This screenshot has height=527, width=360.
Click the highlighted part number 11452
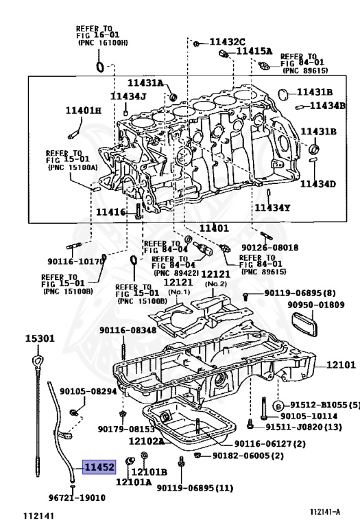click(99, 467)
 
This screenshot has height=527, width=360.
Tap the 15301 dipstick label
click(40, 338)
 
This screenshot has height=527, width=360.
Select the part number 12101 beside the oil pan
click(341, 364)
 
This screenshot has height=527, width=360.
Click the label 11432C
click(228, 42)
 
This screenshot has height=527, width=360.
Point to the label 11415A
click(254, 51)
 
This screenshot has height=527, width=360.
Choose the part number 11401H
click(83, 110)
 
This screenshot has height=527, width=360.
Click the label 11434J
click(129, 97)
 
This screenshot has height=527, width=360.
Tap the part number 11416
click(111, 212)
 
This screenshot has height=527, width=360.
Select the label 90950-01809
click(315, 305)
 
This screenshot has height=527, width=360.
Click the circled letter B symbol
click(278, 406)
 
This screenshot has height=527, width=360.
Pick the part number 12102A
click(147, 441)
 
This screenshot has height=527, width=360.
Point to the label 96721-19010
click(77, 497)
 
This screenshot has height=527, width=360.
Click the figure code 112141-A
click(325, 512)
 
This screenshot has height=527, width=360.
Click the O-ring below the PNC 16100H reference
click(100, 67)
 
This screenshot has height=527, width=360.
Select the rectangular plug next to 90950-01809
click(304, 323)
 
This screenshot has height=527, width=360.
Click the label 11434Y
click(272, 208)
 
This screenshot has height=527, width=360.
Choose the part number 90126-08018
click(269, 247)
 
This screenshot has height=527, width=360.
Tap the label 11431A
click(145, 82)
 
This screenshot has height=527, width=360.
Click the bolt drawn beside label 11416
click(139, 212)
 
